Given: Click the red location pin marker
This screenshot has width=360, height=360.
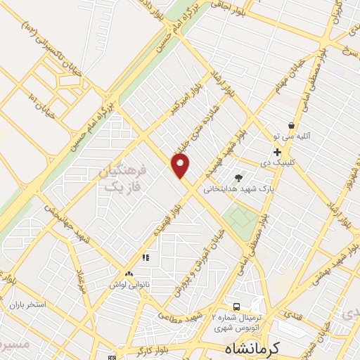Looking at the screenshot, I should coord(181,166).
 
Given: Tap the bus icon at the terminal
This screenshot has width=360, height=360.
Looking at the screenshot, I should coord(236,307).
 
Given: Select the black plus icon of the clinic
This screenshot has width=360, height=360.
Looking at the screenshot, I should coord(277,152).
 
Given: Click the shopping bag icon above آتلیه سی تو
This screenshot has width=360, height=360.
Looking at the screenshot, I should coord(290,125).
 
